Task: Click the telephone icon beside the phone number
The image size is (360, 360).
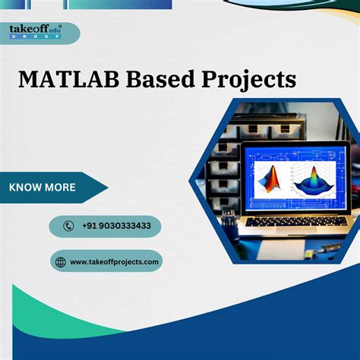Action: (69, 226)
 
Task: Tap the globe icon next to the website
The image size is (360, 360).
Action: (61, 261)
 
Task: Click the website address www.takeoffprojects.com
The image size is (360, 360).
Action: (115, 261)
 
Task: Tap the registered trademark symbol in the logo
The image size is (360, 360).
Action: (60, 25)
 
